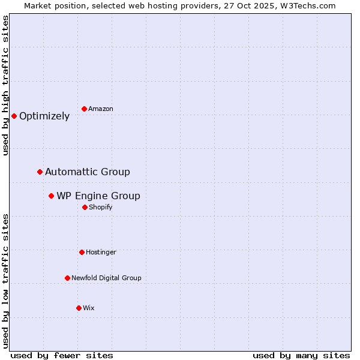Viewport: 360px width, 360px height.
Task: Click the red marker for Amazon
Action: (x=84, y=109)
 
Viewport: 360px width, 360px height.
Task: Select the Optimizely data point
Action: (x=14, y=116)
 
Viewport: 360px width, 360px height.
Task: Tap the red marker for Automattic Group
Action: (x=40, y=172)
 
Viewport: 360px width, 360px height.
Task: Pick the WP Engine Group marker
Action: (x=51, y=196)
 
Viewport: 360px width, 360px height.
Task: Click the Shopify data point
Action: (x=85, y=207)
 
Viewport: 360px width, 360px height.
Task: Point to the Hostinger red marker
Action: (x=82, y=252)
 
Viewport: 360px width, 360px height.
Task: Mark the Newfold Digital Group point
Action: (x=67, y=278)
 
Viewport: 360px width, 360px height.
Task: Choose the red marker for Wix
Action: (x=79, y=308)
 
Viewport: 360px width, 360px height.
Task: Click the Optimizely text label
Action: (x=44, y=116)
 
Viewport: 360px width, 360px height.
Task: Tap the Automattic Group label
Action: (x=88, y=172)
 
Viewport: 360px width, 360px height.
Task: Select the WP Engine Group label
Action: (x=98, y=196)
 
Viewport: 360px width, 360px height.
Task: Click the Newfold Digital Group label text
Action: (x=107, y=278)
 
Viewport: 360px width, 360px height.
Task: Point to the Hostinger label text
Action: (x=101, y=252)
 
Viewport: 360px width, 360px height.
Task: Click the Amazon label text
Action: (x=101, y=109)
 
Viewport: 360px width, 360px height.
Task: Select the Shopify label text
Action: (x=101, y=207)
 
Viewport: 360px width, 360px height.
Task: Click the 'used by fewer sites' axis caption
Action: (x=62, y=355)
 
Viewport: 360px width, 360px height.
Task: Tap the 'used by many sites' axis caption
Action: (x=301, y=355)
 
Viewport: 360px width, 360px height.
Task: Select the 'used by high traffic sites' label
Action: (x=5, y=85)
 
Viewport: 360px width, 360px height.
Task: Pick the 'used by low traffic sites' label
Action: (x=5, y=281)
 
